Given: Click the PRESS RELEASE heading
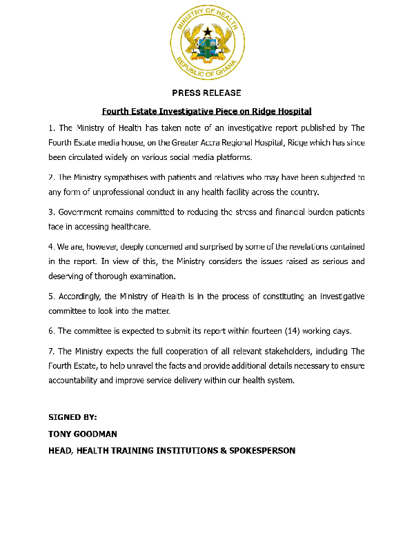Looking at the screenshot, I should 206,93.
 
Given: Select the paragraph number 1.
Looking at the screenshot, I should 52,128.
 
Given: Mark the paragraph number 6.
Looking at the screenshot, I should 52,332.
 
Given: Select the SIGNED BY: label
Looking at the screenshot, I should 72,418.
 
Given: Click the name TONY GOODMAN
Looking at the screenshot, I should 82,434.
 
